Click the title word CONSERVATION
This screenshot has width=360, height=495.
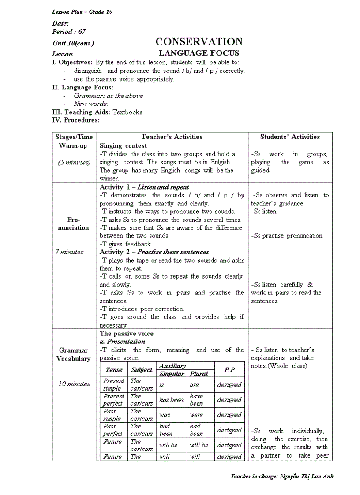(x=199, y=42)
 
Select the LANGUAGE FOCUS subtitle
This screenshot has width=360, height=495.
(x=199, y=53)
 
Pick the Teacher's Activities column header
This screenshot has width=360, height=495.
(x=172, y=137)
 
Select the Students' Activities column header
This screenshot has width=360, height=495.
(x=290, y=137)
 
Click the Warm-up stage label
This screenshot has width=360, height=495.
(x=73, y=145)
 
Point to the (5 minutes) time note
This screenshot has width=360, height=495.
(x=74, y=162)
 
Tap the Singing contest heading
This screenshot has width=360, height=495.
(x=124, y=145)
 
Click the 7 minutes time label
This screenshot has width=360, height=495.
(x=69, y=252)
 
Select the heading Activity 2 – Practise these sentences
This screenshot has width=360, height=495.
(x=154, y=252)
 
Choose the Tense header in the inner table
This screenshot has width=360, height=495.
(x=114, y=370)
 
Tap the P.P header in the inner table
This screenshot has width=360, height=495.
(x=229, y=370)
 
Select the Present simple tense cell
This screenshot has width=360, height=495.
(x=114, y=384)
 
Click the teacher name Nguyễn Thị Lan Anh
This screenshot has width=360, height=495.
(x=307, y=476)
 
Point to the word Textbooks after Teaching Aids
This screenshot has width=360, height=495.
(x=127, y=112)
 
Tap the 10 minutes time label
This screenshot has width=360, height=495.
(x=74, y=384)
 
